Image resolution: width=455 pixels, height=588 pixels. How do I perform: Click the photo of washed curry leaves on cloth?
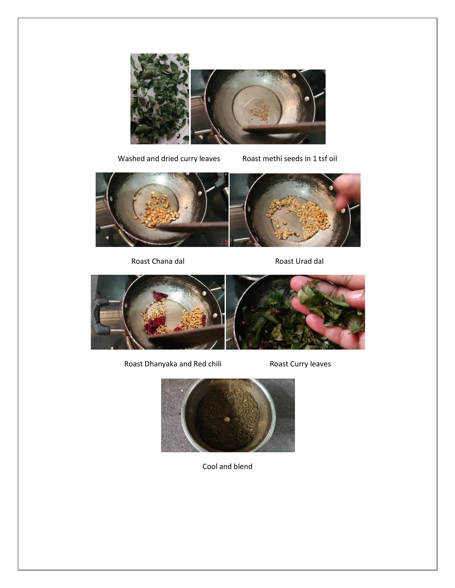[x=160, y=99]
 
